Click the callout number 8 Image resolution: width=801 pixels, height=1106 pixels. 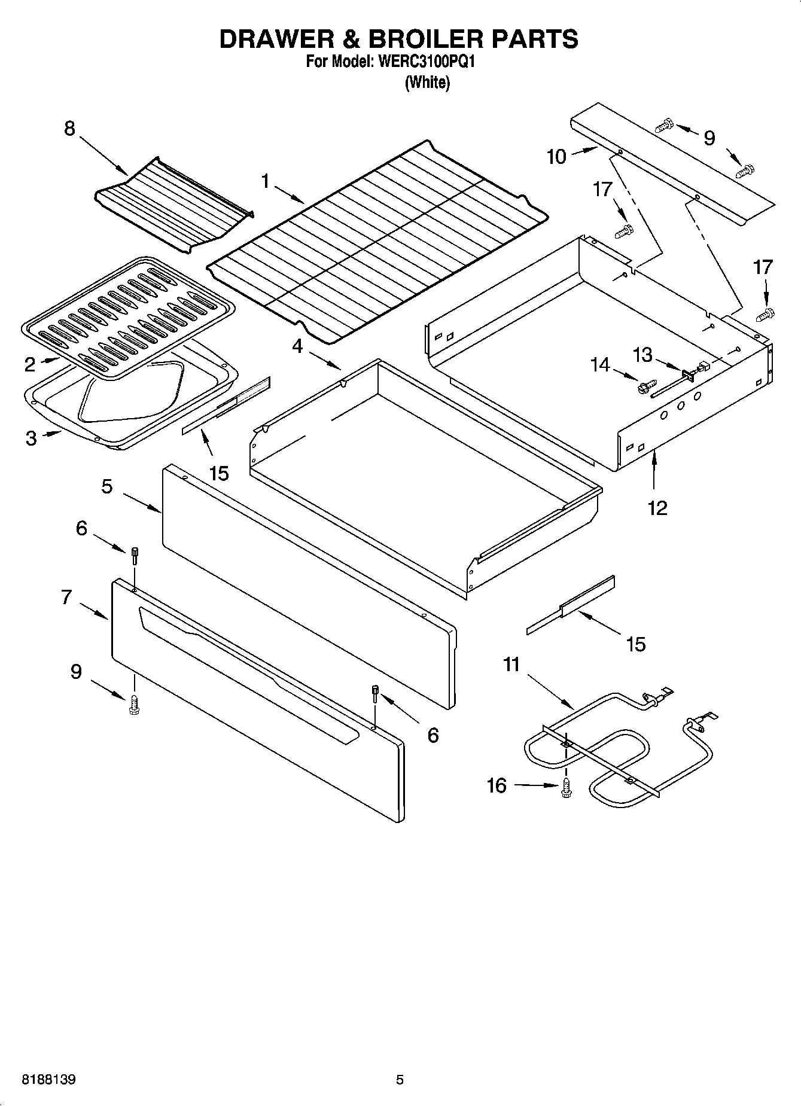pos(70,128)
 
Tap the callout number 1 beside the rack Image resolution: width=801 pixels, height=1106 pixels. pos(266,181)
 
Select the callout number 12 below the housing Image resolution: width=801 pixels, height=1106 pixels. pos(657,508)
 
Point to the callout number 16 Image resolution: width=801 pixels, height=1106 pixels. pos(497,785)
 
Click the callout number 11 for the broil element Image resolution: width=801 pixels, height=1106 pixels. pos(511,665)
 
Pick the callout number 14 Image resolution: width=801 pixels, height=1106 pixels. pos(599,364)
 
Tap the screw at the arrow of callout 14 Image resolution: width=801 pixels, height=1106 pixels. pos(647,387)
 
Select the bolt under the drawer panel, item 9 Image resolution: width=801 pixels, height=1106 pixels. pos(133,706)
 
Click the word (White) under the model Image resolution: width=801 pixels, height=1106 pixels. pos(427,83)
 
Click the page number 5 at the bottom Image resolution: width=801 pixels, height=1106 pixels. pos(400,1080)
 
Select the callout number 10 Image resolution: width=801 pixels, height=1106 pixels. pos(556,157)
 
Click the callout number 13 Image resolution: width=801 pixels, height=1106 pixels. pos(642,355)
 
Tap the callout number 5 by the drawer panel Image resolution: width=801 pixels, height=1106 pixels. pos(106,486)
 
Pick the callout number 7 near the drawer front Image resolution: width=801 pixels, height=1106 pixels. pos(66,596)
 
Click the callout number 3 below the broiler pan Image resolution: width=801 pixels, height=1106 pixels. pos(31,438)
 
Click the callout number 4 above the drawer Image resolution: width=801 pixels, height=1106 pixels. pos(297,345)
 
